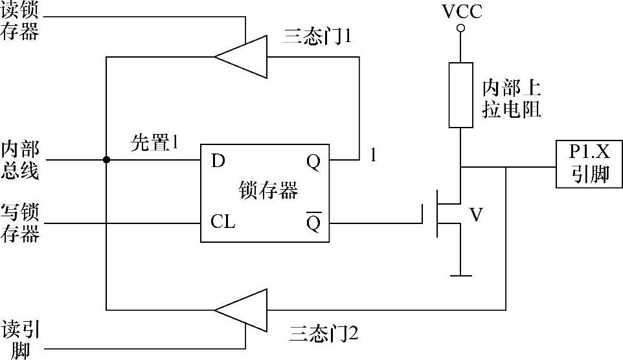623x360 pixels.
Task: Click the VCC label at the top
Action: click(461, 12)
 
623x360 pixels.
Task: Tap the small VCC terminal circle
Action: click(460, 28)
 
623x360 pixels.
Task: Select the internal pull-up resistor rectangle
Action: click(460, 94)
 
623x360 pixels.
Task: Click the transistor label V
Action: click(476, 215)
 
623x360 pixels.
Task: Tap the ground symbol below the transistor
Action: click(460, 275)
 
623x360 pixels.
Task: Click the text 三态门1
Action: click(317, 37)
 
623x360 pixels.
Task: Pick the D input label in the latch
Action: click(218, 161)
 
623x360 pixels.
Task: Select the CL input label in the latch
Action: click(223, 223)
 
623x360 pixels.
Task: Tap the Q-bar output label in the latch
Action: click(313, 223)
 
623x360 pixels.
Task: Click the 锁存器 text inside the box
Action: click(268, 191)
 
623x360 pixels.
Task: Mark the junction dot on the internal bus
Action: click(106, 159)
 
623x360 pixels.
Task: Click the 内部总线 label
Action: click(20, 161)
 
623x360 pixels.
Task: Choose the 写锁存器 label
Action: click(20, 223)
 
